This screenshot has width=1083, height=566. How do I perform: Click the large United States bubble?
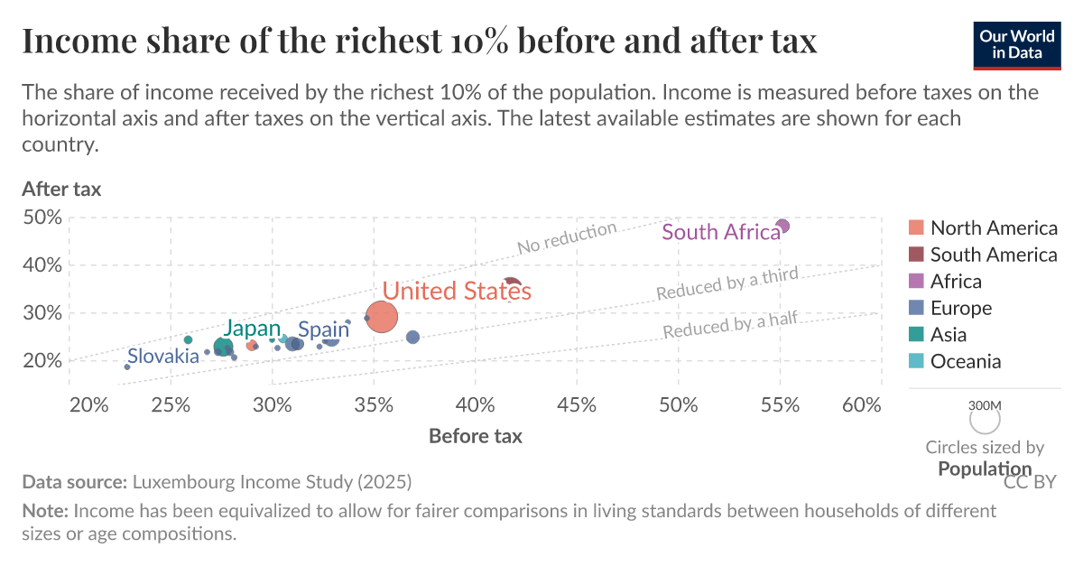(x=382, y=317)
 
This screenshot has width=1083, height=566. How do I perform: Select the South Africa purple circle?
(x=782, y=226)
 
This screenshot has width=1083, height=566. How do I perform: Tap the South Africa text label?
(x=720, y=232)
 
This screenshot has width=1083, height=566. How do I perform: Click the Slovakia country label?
(x=162, y=356)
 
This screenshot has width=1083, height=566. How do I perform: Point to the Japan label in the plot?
(x=252, y=329)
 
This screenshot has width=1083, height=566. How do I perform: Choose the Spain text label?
(x=323, y=329)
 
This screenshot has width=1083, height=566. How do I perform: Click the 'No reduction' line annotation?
(x=567, y=238)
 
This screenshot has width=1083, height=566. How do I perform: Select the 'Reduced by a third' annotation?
(x=727, y=284)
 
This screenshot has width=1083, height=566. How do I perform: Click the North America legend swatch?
(x=916, y=227)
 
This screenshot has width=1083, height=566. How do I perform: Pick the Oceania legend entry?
(x=966, y=361)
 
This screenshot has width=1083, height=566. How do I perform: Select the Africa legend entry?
(x=956, y=281)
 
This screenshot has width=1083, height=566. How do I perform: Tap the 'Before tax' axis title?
(x=475, y=436)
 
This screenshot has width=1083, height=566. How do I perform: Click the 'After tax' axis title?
(x=61, y=190)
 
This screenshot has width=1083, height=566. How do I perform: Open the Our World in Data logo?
(x=1016, y=43)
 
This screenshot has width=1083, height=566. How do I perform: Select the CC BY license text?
(x=1029, y=482)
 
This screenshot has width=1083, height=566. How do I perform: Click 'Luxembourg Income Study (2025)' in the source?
(x=272, y=481)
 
